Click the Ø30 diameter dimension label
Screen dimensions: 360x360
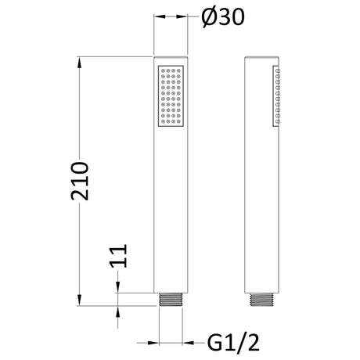[x=223, y=18]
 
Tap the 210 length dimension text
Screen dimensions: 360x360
[x=80, y=182]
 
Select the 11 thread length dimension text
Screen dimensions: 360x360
[x=119, y=256]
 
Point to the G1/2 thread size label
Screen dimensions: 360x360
[x=233, y=343]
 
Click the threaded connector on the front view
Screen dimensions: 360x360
[x=171, y=300]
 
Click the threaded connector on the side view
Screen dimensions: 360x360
[x=261, y=300]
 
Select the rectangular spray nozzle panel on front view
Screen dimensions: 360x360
[x=171, y=96]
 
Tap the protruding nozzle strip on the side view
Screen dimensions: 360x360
[x=276, y=96]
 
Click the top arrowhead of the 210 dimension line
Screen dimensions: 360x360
[x=80, y=62]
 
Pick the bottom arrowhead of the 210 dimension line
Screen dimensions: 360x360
[x=80, y=301]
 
